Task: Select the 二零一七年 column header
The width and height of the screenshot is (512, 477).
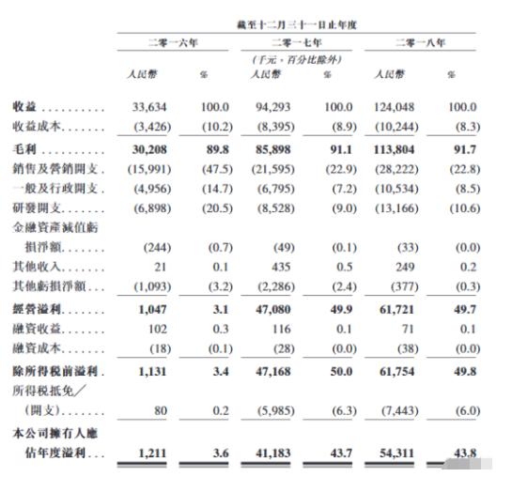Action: [x=294, y=43]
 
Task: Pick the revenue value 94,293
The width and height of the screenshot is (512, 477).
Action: [x=273, y=106]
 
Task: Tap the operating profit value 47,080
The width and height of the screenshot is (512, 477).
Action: [x=273, y=308]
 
